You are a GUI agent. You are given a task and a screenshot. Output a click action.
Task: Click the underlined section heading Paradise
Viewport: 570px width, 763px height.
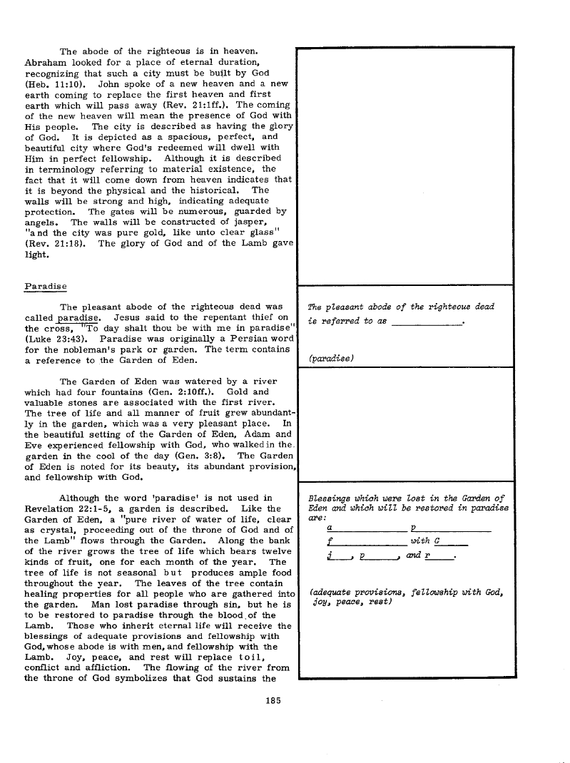(x=46, y=286)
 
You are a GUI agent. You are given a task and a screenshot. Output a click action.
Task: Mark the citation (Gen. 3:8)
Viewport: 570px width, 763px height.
(x=203, y=456)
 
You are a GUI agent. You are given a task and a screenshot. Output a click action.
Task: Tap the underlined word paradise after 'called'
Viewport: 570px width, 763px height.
(x=78, y=318)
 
